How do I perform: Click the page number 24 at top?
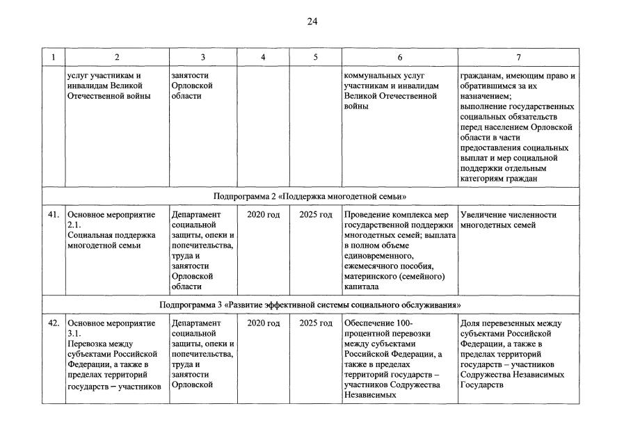click(312, 22)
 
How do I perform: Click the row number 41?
click(53, 215)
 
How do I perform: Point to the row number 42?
click(53, 323)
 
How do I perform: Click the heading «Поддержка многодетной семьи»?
click(310, 197)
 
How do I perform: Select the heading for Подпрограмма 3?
click(310, 305)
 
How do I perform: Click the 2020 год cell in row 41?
click(263, 215)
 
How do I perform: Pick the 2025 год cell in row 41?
click(315, 215)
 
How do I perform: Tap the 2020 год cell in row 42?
click(263, 323)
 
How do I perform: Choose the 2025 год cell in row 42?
click(315, 323)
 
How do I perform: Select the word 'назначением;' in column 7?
click(485, 97)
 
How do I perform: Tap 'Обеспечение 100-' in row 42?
click(378, 323)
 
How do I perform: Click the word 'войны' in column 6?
click(356, 107)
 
